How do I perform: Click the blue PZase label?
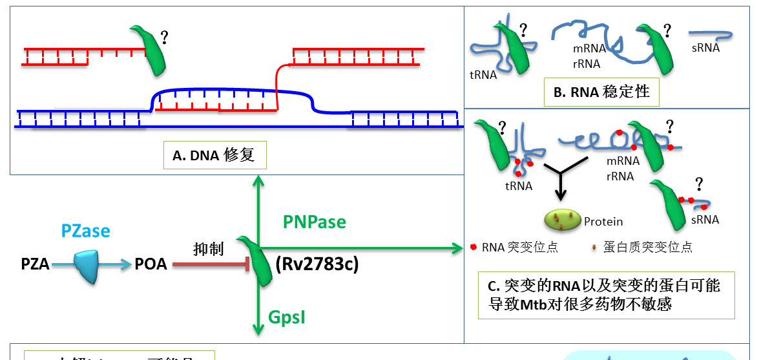(86, 231)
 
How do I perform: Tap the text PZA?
(35, 264)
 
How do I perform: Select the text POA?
(151, 264)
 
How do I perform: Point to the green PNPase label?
(315, 222)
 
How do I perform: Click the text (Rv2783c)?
(317, 264)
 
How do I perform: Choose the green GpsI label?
(287, 317)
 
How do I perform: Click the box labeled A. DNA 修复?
(214, 154)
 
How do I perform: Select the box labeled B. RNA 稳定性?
(601, 92)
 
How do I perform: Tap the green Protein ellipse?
(561, 220)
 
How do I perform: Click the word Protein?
(603, 222)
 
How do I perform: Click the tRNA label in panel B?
(483, 74)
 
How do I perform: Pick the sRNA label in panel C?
(705, 220)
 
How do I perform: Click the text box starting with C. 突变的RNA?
(606, 295)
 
